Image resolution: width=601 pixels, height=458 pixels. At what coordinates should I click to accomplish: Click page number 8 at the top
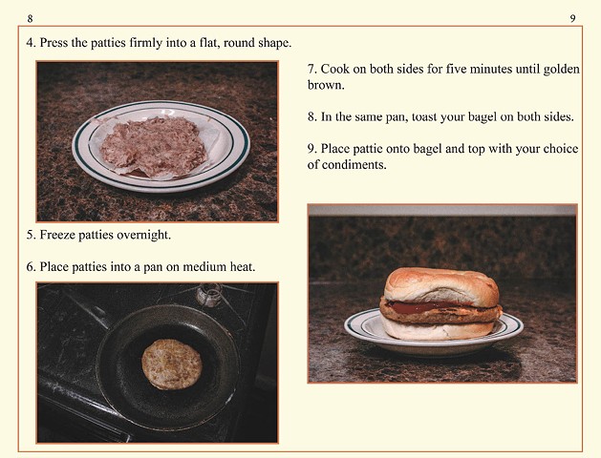31,18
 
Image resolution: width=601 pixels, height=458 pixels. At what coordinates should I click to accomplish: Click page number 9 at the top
572,18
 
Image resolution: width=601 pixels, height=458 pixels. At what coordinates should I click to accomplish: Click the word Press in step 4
55,44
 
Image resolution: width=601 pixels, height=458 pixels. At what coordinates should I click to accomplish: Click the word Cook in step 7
337,70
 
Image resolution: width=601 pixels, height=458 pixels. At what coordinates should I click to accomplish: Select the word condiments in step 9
355,165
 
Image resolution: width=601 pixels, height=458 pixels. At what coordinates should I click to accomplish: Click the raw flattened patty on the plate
154,146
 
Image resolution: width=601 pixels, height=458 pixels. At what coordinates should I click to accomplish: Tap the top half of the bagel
440,285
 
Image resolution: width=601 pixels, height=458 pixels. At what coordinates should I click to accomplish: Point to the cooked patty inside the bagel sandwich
440,310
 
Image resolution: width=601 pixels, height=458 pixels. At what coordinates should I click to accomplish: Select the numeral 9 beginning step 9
311,149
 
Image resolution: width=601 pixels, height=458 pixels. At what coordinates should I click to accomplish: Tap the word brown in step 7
326,85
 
